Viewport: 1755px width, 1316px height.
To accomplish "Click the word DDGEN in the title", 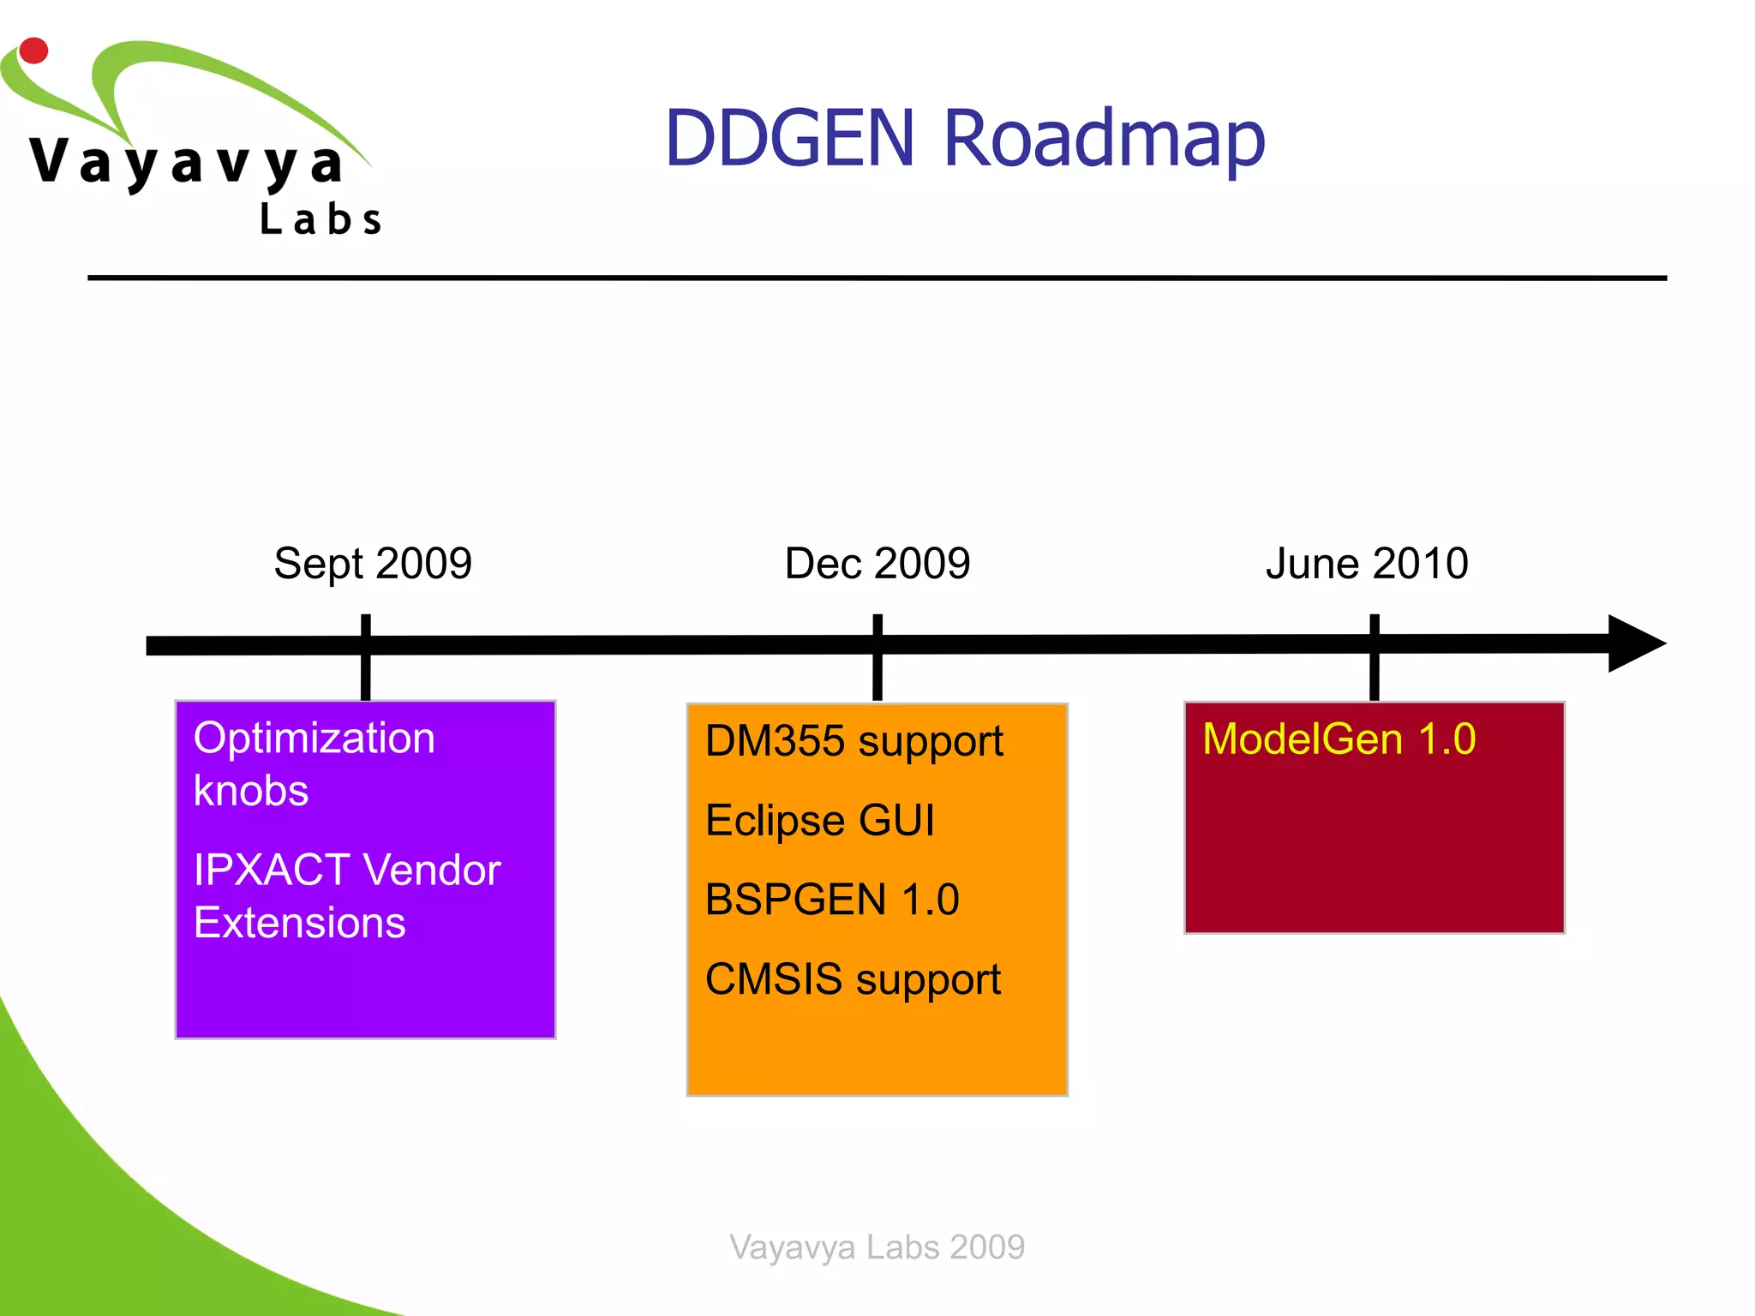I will coord(789,138).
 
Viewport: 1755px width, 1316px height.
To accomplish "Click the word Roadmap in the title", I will coord(1104,140).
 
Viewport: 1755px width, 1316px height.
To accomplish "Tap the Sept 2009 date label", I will coord(373,564).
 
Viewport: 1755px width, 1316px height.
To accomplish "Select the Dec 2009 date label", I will coord(877,564).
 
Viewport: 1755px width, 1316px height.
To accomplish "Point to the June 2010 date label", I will coord(1367,564).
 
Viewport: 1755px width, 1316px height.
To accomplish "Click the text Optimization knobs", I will coord(314,763).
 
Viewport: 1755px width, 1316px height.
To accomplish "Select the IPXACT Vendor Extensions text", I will coord(346,895).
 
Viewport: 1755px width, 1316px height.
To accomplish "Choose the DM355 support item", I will coord(854,741).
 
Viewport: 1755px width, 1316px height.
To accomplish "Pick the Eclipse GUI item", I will coord(819,820).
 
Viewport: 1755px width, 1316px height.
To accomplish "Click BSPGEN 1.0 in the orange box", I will coord(831,900).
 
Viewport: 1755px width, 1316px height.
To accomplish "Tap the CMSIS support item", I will coord(853,979).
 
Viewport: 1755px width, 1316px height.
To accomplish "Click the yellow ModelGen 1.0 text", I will coord(1339,739).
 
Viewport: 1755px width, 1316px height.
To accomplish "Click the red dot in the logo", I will coord(33,51).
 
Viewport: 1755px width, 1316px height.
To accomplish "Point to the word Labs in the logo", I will coord(320,219).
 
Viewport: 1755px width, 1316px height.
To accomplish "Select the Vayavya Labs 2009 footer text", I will coord(877,1247).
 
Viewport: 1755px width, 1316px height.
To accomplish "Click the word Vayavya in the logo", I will coord(187,163).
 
